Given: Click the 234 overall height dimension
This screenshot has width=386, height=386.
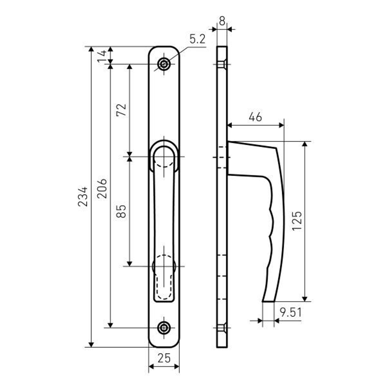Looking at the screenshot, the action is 83,196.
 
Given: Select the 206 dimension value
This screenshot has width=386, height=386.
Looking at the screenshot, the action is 102,189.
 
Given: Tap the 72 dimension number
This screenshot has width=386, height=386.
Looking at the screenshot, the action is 121,110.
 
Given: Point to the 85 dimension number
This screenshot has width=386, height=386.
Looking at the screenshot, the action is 121,211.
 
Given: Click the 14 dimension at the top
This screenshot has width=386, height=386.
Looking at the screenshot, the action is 102,56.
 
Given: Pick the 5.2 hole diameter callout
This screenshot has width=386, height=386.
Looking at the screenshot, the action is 197,39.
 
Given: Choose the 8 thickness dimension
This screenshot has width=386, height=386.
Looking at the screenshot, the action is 222,21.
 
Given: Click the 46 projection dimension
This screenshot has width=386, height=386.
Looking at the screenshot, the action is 256,117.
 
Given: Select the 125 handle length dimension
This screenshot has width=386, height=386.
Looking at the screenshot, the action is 296,221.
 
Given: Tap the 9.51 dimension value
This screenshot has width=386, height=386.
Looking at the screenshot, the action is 291,313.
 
